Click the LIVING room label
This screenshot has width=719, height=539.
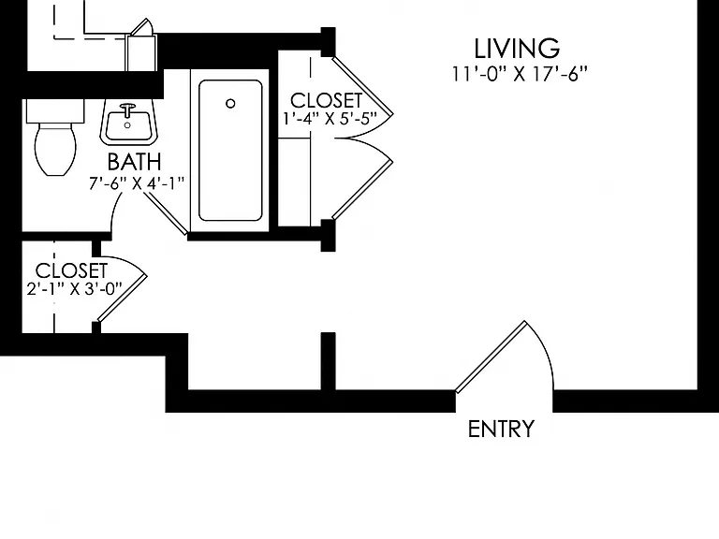click(517, 49)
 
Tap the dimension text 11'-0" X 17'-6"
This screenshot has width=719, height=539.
click(520, 74)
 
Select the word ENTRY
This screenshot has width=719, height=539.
click(501, 430)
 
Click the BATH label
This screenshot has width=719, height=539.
click(135, 161)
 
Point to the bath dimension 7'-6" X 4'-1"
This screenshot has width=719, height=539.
click(136, 183)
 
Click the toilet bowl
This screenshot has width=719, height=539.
click(55, 148)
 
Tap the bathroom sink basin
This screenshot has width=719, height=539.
click(128, 125)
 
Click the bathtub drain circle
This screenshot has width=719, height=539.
click(230, 104)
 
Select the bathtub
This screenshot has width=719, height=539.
click(230, 151)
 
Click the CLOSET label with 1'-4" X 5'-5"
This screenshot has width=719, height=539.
click(326, 100)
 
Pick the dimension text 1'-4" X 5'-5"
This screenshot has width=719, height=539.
click(330, 118)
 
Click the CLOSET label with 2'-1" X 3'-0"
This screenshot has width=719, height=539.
click(71, 270)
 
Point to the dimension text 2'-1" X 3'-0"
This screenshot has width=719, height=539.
click(75, 289)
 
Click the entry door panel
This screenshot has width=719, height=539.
click(492, 357)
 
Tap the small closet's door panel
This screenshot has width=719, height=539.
click(122, 298)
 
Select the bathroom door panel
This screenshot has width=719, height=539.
click(166, 213)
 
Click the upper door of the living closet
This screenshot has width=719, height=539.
click(362, 86)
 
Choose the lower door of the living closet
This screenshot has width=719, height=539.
click(362, 190)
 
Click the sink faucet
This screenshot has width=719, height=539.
click(127, 109)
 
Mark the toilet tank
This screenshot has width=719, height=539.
click(55, 111)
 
